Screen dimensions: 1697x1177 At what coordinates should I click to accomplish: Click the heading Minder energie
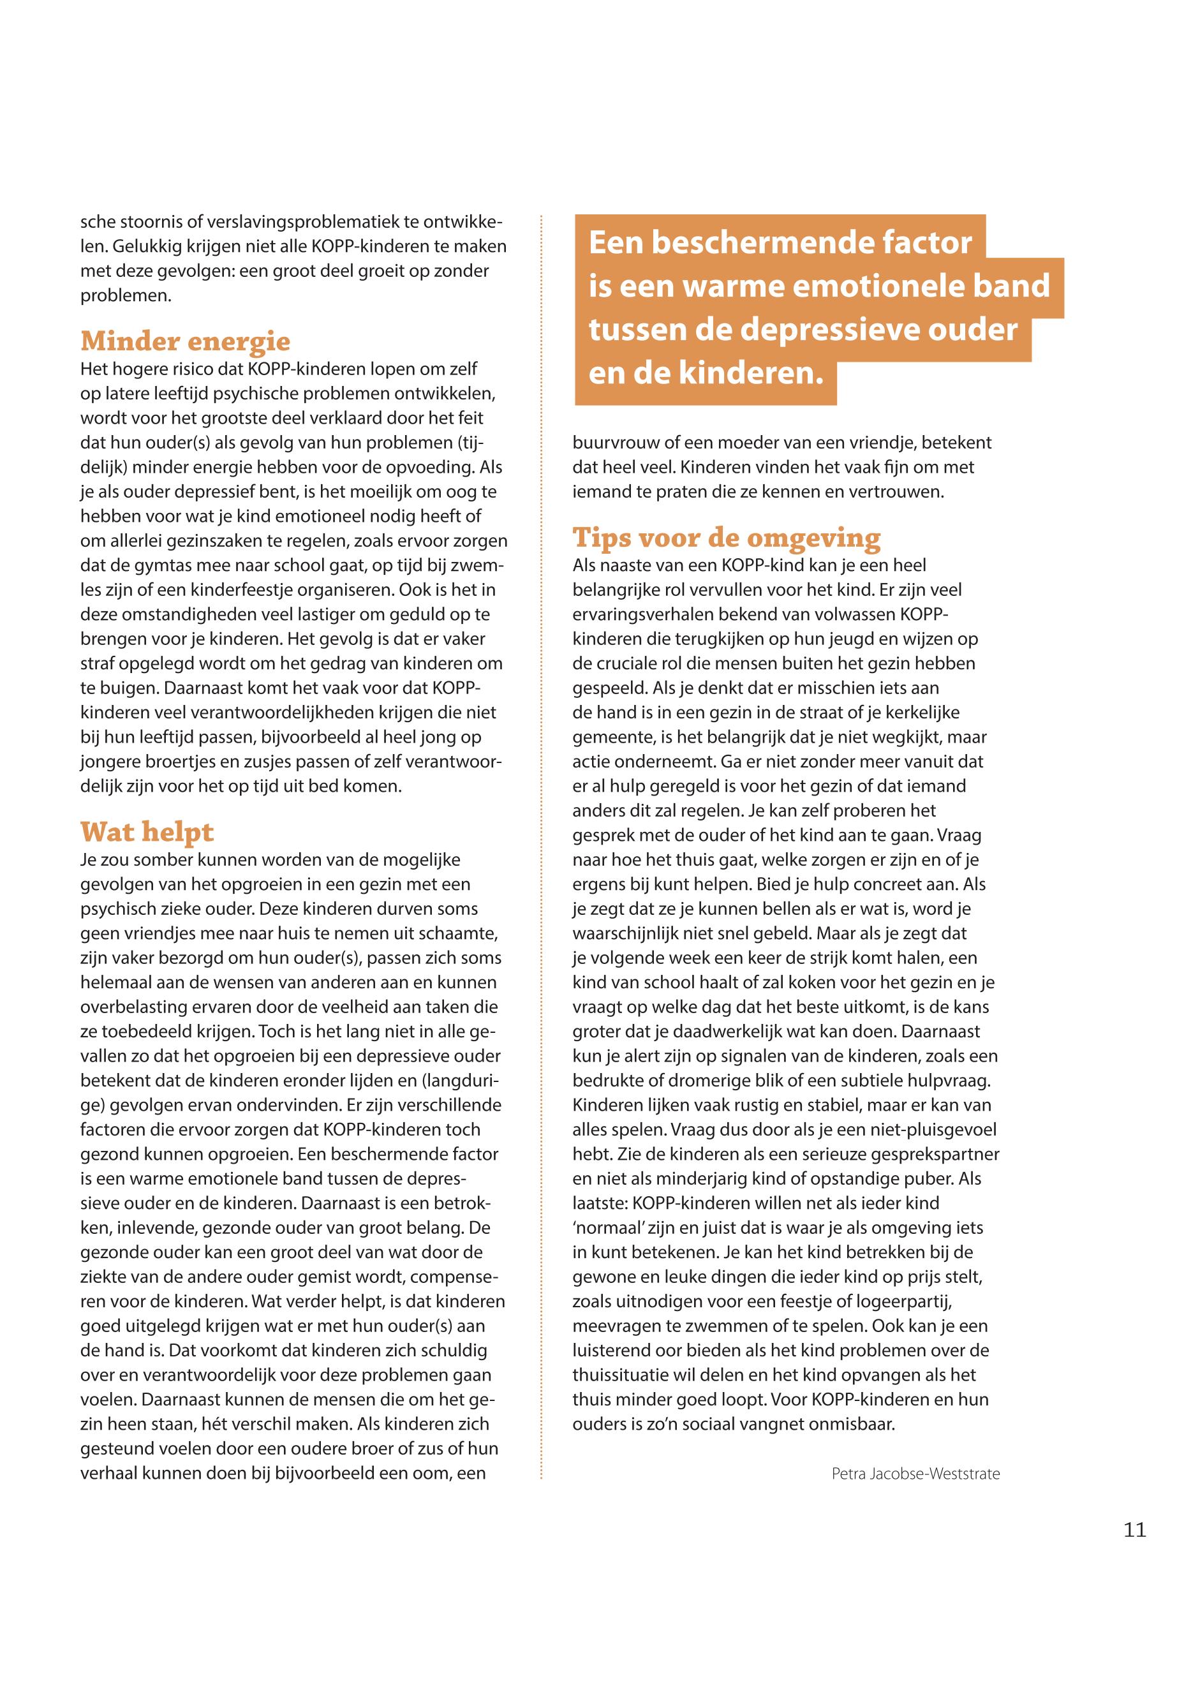tap(185, 341)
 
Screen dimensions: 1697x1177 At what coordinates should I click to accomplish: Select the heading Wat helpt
tap(147, 832)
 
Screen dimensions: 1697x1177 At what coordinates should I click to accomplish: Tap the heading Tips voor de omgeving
tap(727, 538)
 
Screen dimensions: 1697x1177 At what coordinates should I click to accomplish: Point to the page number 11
tap(1135, 1530)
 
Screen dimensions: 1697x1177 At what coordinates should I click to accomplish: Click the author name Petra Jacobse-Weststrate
tap(915, 1474)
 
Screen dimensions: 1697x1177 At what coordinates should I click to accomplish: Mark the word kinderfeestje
tap(301, 590)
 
